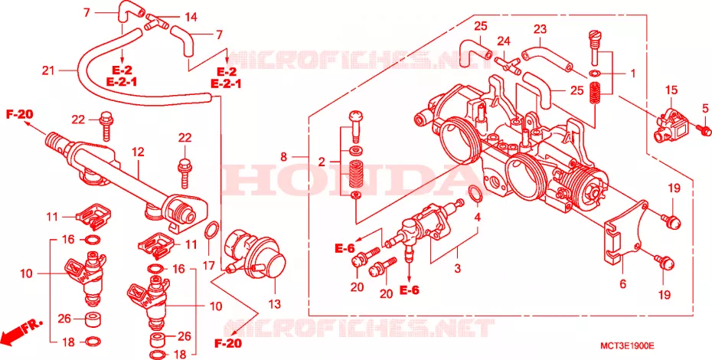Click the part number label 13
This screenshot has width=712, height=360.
(275, 303)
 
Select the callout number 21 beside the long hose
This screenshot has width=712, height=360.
(48, 70)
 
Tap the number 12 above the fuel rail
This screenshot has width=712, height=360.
(138, 152)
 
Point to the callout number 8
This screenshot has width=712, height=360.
(284, 157)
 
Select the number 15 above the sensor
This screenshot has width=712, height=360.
(671, 90)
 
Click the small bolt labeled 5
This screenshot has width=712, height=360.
(704, 130)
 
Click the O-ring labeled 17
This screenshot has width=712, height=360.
(211, 231)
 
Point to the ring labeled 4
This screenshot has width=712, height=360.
(475, 193)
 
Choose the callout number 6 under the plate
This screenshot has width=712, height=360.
(622, 284)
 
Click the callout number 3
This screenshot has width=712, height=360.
(457, 268)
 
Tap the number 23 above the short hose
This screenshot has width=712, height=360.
(540, 30)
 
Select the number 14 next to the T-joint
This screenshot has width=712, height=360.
(191, 18)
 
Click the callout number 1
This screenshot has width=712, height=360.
(632, 73)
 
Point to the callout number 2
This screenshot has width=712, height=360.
(322, 162)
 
